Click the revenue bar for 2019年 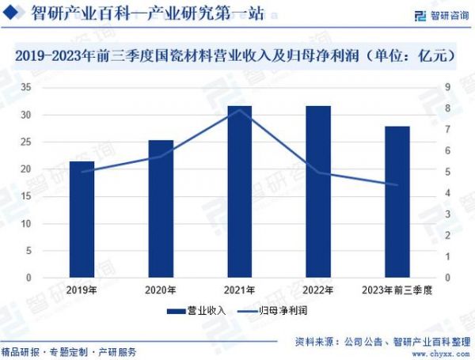click(82, 220)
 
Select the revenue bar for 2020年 click(161, 210)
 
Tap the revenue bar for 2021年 click(239, 192)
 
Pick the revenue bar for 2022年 click(318, 192)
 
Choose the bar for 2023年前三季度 click(397, 203)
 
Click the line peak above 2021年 click(239, 110)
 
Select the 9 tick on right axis click(447, 87)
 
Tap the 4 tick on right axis click(447, 193)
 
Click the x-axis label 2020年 click(161, 290)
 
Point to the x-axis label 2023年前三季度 click(397, 290)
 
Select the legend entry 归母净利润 click(275, 311)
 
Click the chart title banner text click(237, 55)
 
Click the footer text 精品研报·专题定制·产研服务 click(69, 351)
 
